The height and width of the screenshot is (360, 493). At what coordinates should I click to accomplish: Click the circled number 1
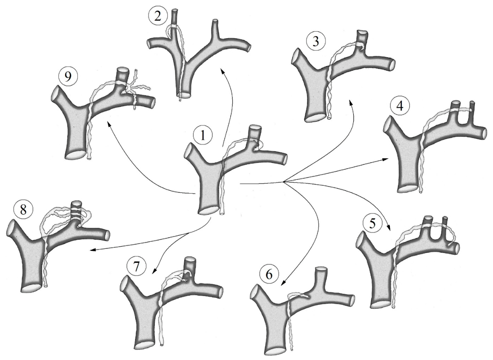click(x=203, y=136)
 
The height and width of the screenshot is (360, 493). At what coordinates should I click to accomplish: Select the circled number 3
click(x=315, y=42)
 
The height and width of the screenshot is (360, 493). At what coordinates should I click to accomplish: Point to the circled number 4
click(x=400, y=106)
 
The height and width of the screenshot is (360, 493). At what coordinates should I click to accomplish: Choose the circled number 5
click(x=372, y=223)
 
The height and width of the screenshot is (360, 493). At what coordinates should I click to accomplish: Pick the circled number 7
click(x=136, y=267)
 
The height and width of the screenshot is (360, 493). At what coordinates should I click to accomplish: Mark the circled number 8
click(x=23, y=210)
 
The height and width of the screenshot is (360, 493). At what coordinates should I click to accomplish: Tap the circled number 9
click(x=68, y=77)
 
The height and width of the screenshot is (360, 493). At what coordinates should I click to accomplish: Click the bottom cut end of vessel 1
click(x=209, y=211)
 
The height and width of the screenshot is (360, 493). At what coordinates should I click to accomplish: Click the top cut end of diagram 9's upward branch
click(x=122, y=70)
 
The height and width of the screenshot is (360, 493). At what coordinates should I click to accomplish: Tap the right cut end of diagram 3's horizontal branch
click(x=392, y=64)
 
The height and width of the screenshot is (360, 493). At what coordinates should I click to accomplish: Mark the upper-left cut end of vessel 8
click(x=11, y=227)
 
